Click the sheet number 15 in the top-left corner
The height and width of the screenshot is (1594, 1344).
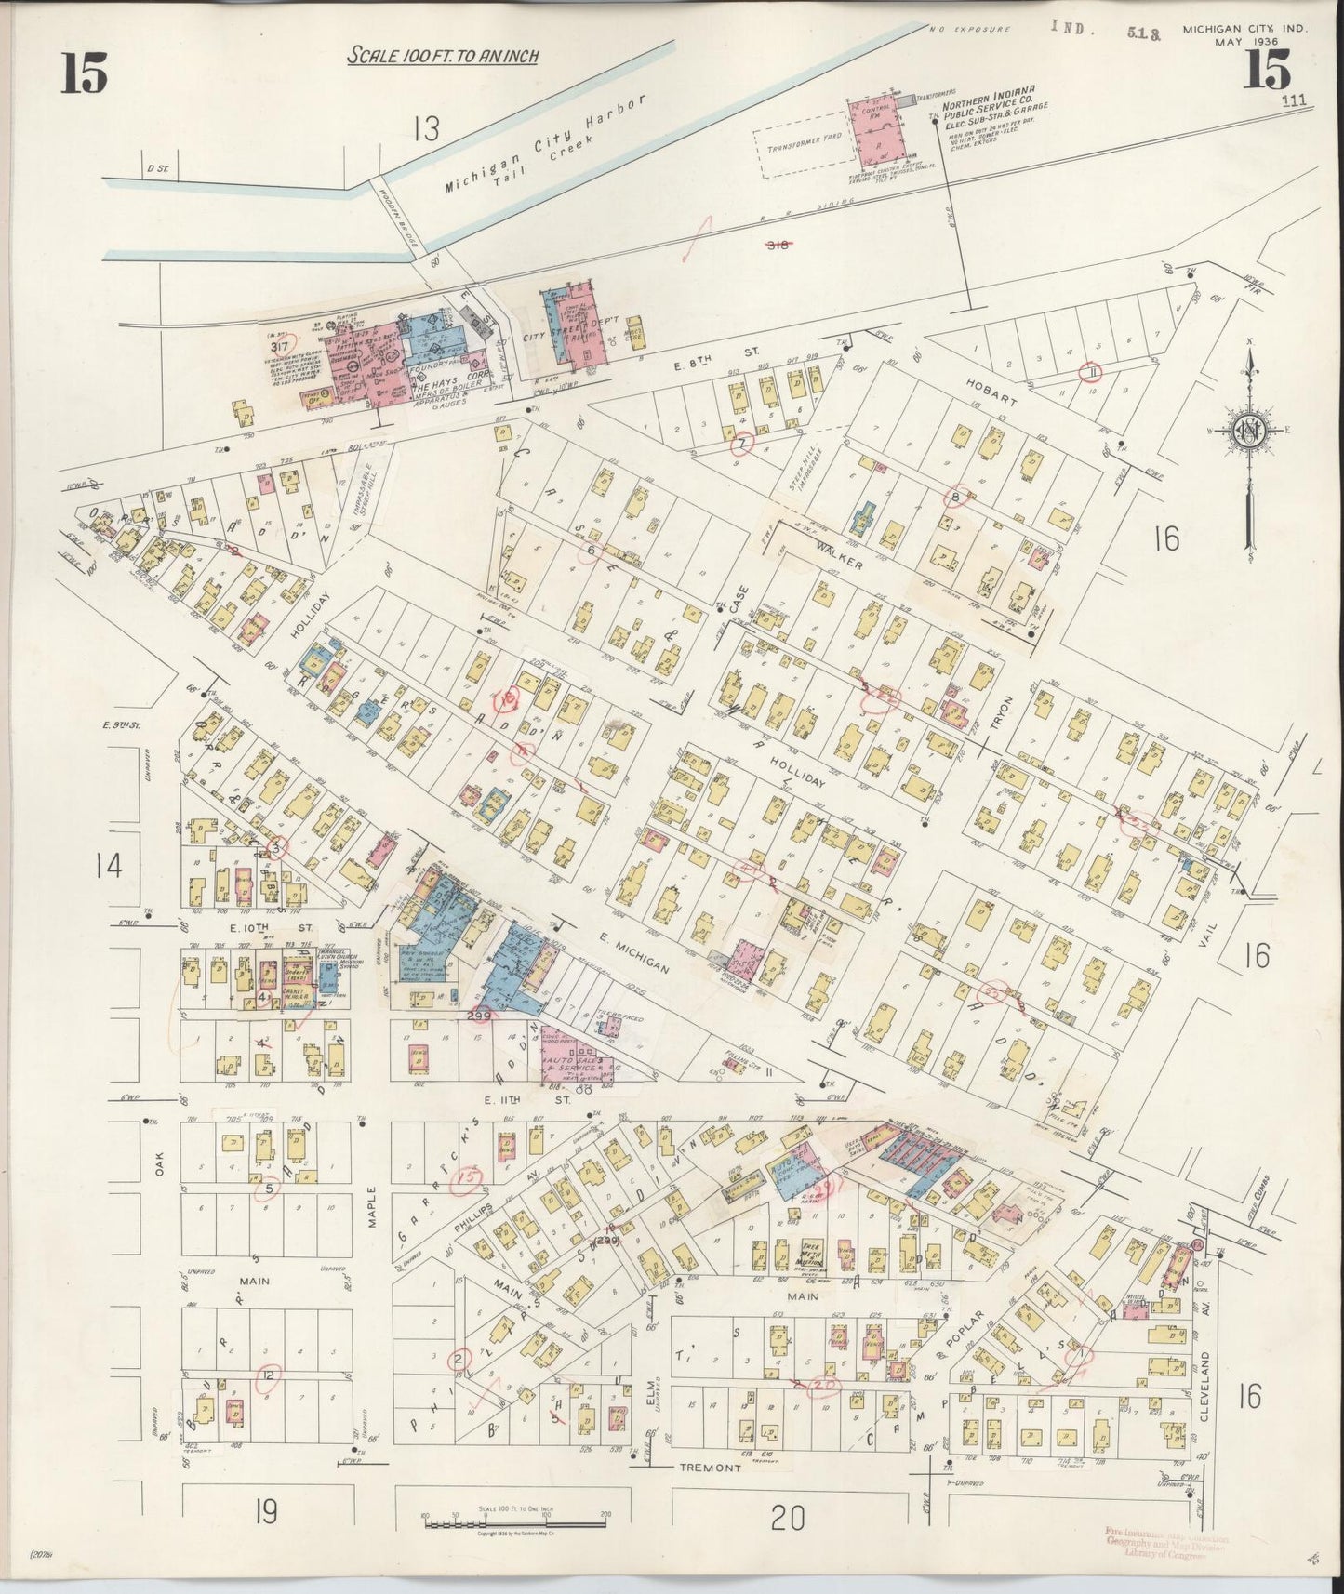pyautogui.click(x=84, y=73)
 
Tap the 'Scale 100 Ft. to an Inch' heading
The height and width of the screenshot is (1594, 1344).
pyautogui.click(x=443, y=57)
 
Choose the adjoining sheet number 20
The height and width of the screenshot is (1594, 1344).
pyautogui.click(x=787, y=1520)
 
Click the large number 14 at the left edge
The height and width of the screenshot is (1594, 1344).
pyautogui.click(x=108, y=865)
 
